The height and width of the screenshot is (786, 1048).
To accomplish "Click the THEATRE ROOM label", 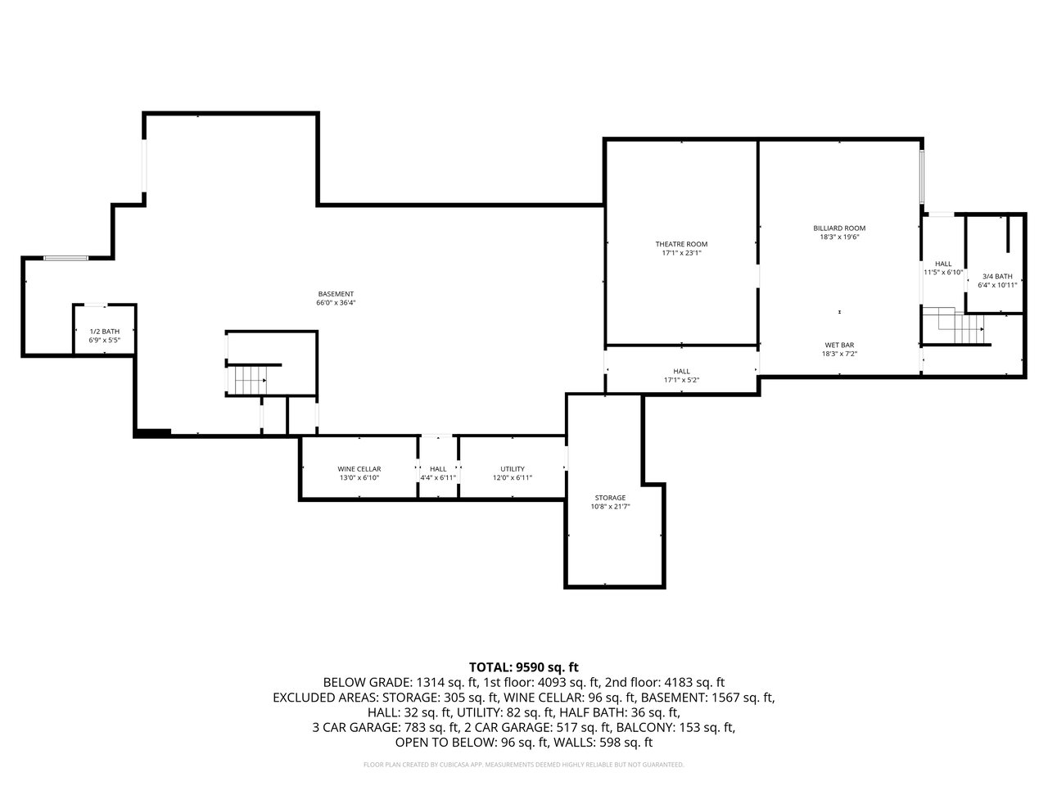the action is [681, 244].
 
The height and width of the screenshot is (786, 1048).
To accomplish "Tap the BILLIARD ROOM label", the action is [839, 228].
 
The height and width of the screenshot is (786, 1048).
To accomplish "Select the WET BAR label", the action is [839, 345].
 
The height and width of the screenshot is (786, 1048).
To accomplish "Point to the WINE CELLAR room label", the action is [359, 469].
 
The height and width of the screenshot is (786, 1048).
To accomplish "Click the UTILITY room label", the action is [513, 469].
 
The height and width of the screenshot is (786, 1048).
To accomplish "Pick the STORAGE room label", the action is [610, 498].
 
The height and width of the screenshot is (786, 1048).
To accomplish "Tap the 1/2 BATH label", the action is [105, 332].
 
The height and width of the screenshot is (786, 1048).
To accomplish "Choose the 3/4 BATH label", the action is [997, 276].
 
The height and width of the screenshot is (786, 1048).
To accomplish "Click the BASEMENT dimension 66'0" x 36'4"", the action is [336, 303].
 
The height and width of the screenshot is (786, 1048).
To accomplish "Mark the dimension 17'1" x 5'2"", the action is [681, 380].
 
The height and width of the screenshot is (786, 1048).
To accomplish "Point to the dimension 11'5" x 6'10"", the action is [943, 272].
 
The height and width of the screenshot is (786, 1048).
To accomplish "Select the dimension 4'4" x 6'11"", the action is [438, 477].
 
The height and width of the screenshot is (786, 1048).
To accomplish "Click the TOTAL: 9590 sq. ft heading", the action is [523, 667].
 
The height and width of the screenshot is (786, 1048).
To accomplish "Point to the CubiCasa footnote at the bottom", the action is [524, 765].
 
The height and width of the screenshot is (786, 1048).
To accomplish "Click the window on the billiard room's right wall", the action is [922, 177].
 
